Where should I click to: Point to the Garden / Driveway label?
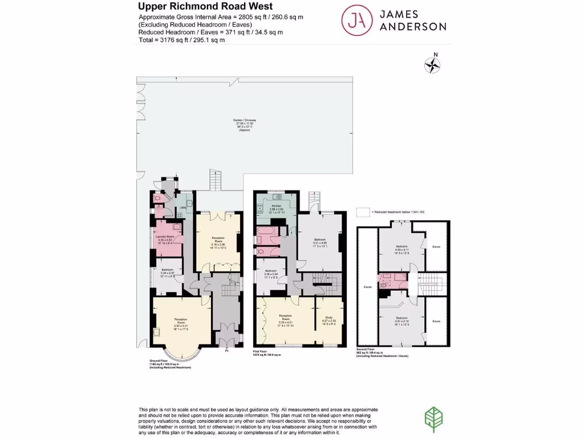245,120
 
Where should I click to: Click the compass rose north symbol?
433,64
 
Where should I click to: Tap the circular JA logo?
356,20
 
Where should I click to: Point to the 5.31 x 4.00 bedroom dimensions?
320,245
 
